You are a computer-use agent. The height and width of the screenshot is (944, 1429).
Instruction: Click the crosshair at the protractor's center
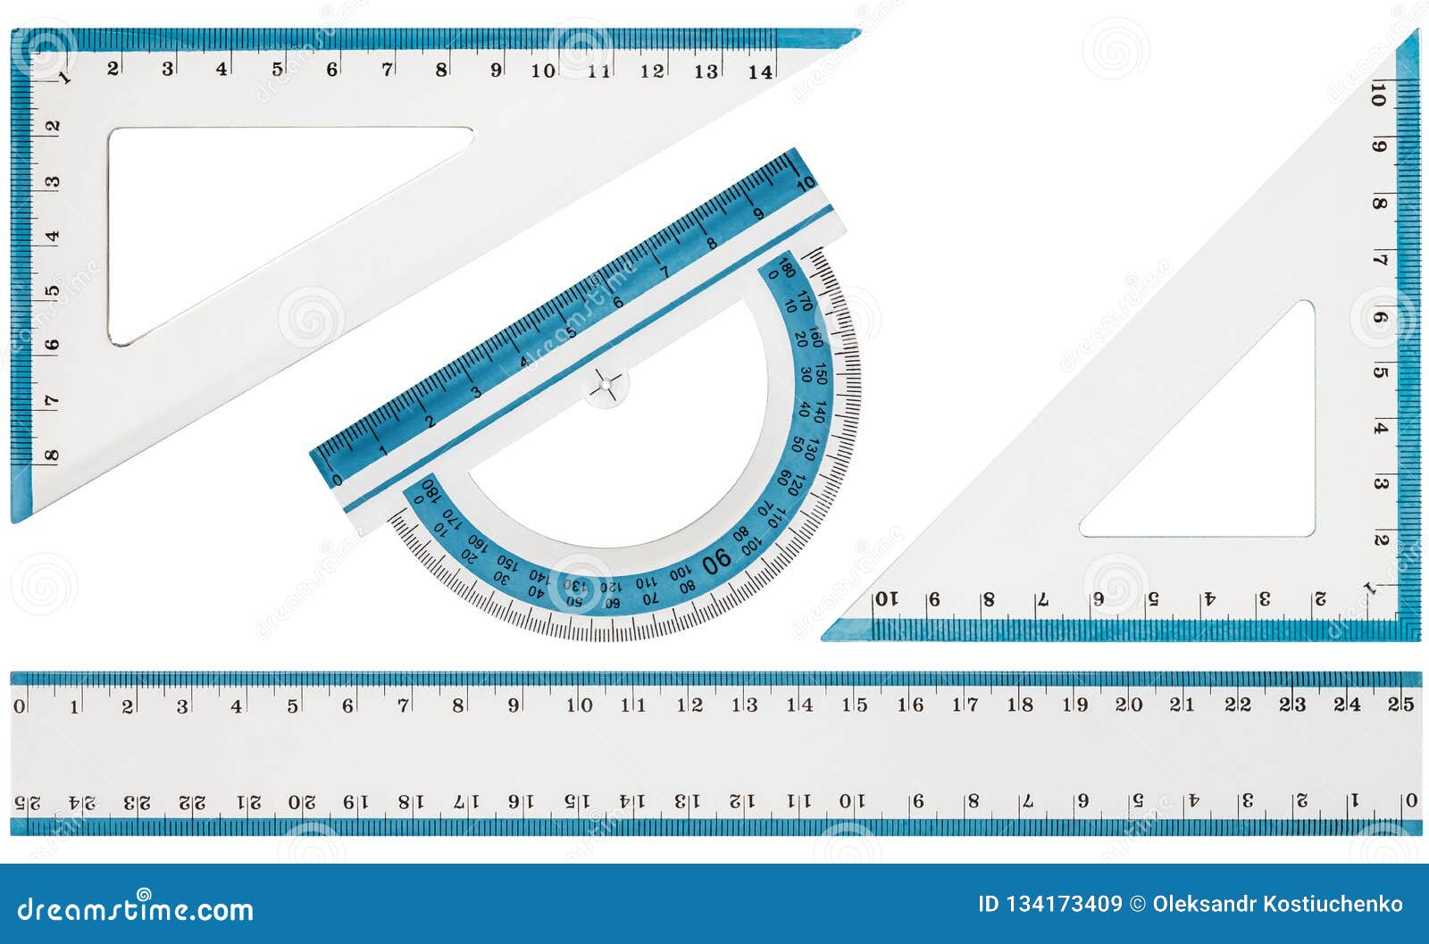(x=606, y=385)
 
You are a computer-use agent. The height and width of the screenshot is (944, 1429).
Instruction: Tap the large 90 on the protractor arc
(x=717, y=560)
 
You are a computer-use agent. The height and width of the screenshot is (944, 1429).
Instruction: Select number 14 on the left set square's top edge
(x=761, y=71)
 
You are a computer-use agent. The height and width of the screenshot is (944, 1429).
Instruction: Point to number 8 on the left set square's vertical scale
(x=52, y=455)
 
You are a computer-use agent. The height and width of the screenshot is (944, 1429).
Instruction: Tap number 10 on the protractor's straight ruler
(x=806, y=184)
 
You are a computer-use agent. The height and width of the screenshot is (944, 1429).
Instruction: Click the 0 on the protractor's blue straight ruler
(x=337, y=480)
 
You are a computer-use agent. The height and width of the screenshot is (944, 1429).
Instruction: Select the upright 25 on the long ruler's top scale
(x=1400, y=704)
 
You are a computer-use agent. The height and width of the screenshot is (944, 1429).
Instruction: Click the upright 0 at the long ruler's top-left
(x=20, y=706)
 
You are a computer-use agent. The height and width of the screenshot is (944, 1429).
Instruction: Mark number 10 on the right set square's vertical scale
(x=1379, y=95)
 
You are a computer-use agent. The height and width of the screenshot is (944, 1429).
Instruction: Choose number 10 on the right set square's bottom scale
(x=885, y=599)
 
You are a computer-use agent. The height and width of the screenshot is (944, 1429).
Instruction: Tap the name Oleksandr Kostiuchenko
(x=1277, y=905)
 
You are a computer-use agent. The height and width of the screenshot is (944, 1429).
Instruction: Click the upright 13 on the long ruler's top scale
(x=745, y=705)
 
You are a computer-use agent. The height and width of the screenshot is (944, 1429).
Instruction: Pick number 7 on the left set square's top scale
(x=388, y=69)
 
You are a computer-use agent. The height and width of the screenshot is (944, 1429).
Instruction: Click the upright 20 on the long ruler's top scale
(x=1129, y=705)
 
